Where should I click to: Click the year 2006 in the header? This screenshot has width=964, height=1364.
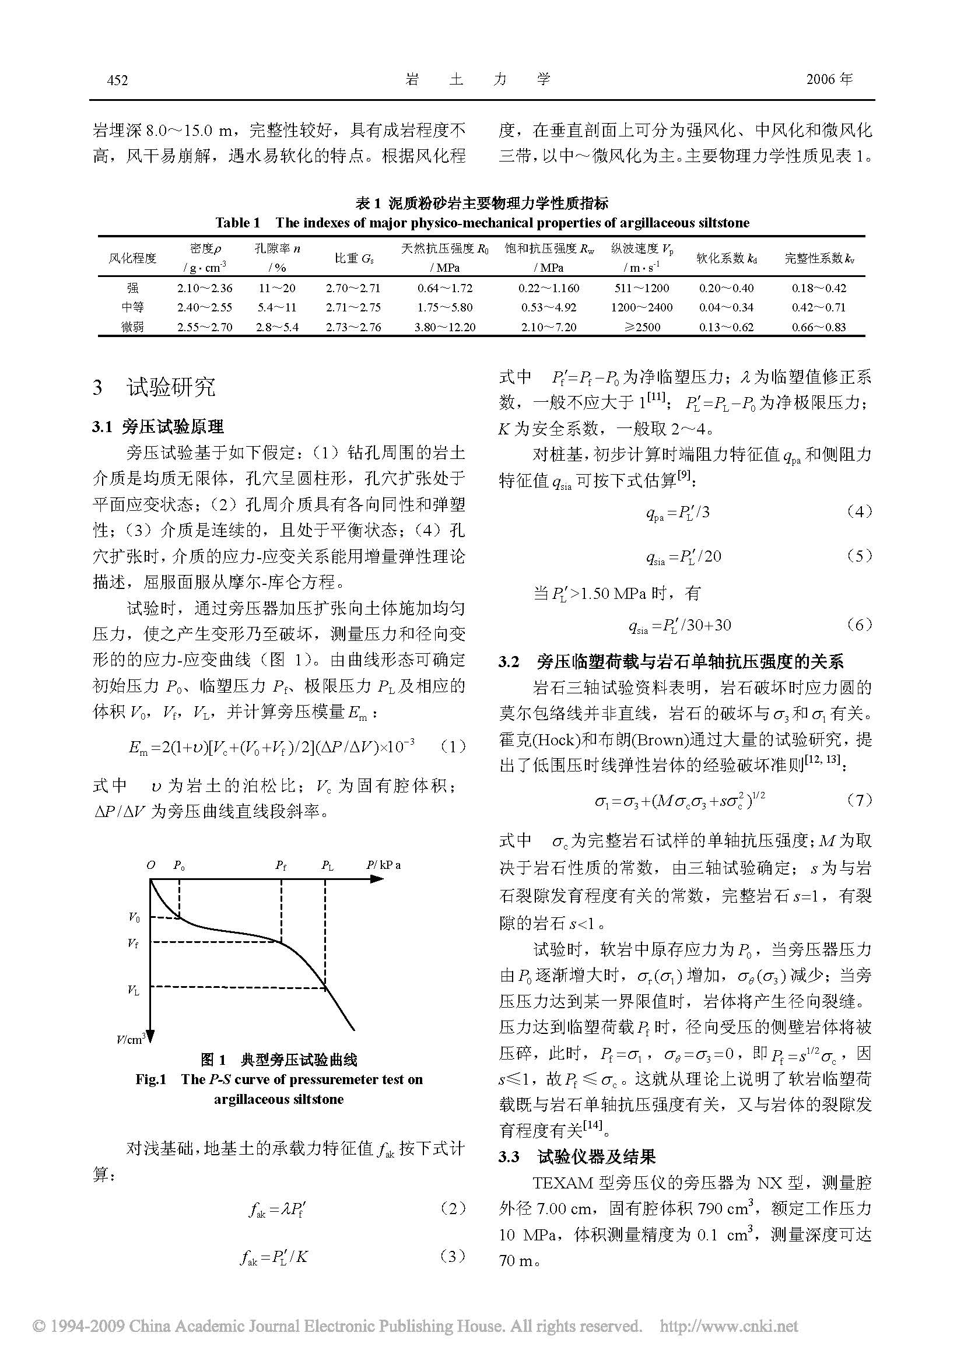[x=821, y=80]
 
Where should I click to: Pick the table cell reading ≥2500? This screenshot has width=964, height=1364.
[x=642, y=327]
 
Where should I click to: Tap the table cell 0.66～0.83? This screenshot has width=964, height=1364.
[x=818, y=327]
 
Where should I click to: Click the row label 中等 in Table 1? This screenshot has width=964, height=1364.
[x=132, y=307]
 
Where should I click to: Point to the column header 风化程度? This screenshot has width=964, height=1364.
[x=132, y=258]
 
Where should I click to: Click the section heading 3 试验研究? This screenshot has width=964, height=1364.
[x=155, y=387]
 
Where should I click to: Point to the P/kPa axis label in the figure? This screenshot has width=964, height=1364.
[x=383, y=865]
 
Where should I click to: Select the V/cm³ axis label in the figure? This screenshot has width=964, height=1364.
[x=131, y=1039]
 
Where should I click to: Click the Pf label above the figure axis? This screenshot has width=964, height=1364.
[x=281, y=865]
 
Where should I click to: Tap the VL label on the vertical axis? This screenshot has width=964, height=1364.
[x=134, y=990]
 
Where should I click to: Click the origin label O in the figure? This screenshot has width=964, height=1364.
[x=151, y=865]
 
